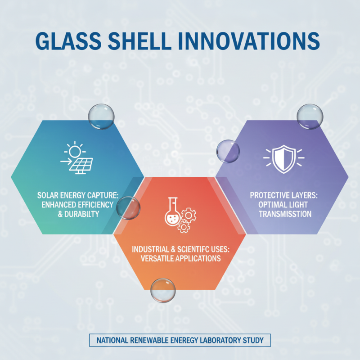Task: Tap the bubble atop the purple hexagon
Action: [309, 116]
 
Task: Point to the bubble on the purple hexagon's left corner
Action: [228, 151]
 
